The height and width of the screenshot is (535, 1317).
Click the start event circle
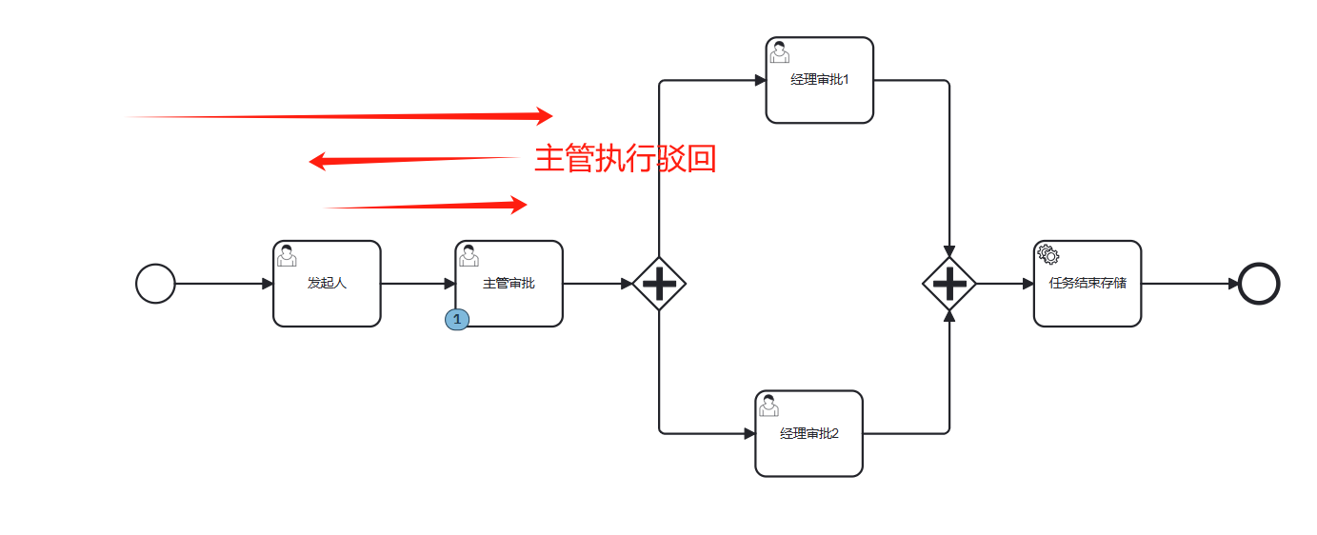tap(155, 284)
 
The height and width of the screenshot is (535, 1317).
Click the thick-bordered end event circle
tap(1259, 284)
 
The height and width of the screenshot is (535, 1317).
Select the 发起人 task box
tap(327, 284)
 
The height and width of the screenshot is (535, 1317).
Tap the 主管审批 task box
tap(509, 284)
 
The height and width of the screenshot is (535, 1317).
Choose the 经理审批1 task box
tap(819, 80)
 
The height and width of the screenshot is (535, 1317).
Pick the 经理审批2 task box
tap(808, 433)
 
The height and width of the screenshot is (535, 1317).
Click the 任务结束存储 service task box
tap(1087, 284)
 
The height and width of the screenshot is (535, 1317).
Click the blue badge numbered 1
tap(457, 320)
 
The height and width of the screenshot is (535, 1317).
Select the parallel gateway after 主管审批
tap(659, 284)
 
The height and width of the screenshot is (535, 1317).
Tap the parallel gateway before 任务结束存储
tap(949, 284)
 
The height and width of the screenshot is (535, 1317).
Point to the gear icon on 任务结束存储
tap(1048, 254)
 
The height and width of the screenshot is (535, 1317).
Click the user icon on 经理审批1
tap(779, 51)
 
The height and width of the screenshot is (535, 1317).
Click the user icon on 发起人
tap(287, 255)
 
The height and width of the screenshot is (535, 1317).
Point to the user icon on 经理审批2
tap(768, 405)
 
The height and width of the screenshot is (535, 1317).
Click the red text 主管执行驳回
tap(625, 159)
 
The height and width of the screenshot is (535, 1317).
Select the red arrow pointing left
tap(411, 160)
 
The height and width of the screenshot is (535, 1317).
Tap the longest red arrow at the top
tap(340, 116)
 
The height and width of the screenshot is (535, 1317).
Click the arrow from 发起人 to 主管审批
tap(418, 284)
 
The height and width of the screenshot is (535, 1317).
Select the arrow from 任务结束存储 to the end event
tap(1190, 284)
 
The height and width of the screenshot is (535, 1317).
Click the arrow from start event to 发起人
tap(224, 284)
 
